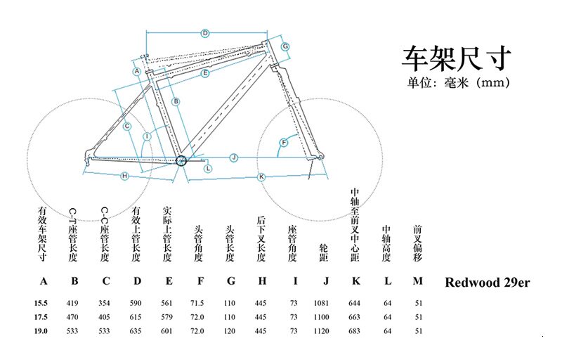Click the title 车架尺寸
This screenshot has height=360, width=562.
456,57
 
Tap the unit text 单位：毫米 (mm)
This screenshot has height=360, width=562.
457,82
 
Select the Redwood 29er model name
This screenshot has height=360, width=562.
487,283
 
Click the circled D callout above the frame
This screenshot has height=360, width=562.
205,33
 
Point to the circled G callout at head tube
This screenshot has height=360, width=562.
286,46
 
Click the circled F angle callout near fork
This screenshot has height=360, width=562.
284,143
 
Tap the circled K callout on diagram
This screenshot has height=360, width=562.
261,176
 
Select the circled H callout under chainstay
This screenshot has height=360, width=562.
124,175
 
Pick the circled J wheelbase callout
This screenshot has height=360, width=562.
235,156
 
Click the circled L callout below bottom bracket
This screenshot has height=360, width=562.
208,168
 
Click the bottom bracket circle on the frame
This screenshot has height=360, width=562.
181,161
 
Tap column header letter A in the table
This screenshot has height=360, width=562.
44,283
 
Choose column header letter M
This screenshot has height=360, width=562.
418,283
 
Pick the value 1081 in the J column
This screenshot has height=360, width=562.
325,303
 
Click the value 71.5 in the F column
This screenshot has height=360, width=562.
199,303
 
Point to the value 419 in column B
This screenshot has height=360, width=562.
74,303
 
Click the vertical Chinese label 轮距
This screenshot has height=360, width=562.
324,252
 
